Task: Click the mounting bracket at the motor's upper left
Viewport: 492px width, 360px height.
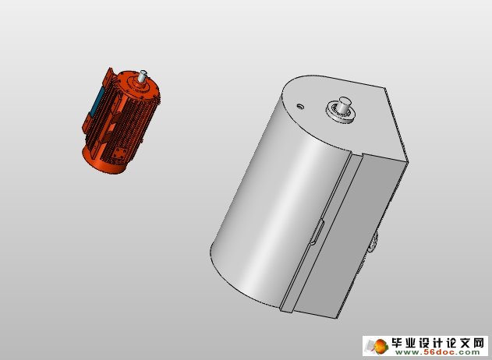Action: point(108,76)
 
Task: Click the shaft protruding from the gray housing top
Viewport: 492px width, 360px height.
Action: point(343,104)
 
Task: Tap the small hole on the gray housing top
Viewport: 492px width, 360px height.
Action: point(299,106)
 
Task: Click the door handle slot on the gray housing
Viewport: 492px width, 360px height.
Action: point(316,231)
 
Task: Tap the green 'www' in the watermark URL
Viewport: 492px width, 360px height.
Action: point(411,352)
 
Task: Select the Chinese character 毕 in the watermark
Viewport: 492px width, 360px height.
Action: point(398,342)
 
